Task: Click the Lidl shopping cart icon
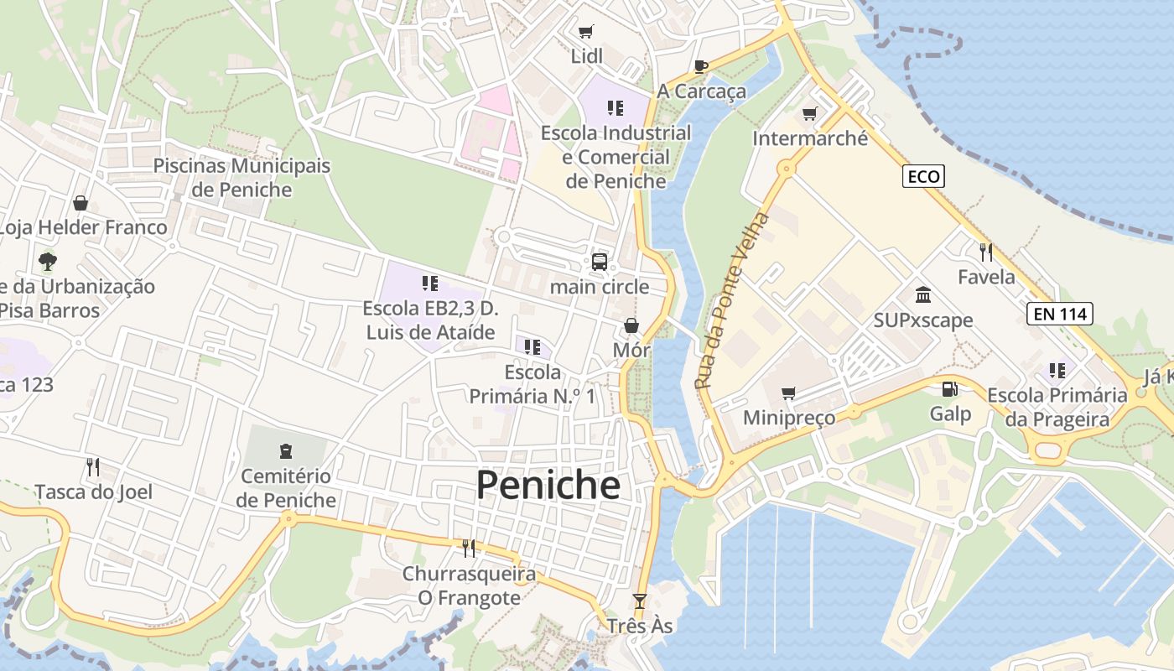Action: coord(586,32)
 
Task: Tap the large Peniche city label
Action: coord(548,486)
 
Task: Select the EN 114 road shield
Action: coord(1060,315)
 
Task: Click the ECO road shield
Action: coord(924,176)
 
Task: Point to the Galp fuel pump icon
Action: coord(949,389)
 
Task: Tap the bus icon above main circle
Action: coord(600,262)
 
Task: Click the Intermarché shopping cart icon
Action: coord(809,113)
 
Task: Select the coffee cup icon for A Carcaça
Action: coord(701,66)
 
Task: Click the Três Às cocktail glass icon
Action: coord(640,601)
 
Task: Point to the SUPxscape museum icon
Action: coord(923,295)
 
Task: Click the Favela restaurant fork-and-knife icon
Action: coord(986,251)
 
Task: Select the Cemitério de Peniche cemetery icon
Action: coord(286,451)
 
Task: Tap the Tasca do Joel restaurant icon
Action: coord(93,466)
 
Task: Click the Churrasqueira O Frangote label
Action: coord(469,585)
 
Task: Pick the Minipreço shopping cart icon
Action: coord(788,393)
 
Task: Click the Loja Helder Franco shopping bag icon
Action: coord(81,203)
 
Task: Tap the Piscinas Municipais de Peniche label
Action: coord(242,177)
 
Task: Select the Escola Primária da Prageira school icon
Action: coord(1057,370)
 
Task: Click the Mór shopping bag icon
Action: coord(631,325)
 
